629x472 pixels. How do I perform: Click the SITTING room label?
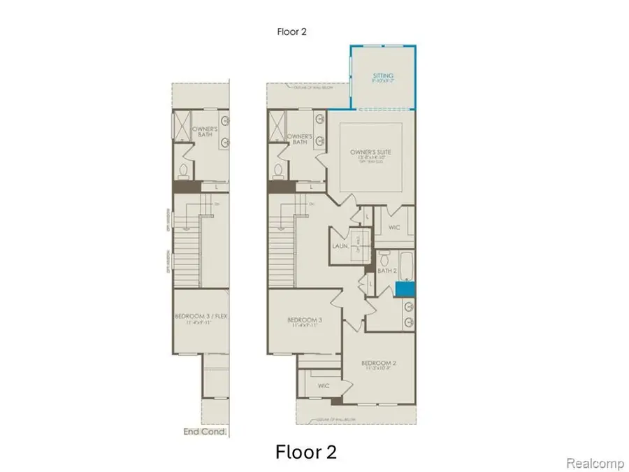point(383,76)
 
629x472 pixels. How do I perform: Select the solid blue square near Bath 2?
point(404,288)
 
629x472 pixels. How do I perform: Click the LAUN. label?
point(339,246)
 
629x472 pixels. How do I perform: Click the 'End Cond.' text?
point(205,432)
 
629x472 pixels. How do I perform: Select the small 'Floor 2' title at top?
point(291,31)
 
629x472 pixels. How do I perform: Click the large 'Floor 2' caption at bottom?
point(305,452)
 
